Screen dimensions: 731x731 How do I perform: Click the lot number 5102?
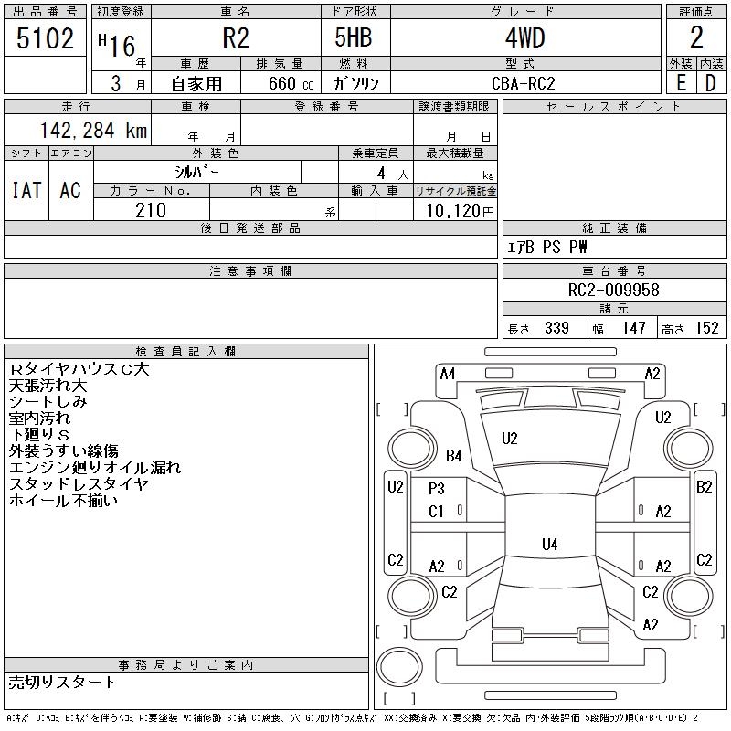45,38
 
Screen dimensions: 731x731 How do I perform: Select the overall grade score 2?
696,37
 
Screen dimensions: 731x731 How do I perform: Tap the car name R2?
236,37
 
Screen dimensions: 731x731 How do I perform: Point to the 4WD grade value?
524,37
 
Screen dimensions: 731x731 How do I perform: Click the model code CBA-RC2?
524,83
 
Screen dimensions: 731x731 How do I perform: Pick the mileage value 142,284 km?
94,130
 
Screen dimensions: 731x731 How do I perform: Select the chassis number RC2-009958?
613,290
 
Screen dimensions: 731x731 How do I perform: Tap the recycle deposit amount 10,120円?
461,211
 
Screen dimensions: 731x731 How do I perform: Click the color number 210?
151,210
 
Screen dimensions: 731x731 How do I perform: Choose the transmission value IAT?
26,190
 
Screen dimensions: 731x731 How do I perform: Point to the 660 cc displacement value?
291,83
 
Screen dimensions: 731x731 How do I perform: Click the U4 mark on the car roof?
550,544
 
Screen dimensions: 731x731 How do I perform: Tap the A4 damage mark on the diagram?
448,374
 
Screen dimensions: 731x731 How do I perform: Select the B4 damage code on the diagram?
453,455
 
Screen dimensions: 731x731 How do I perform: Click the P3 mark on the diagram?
437,489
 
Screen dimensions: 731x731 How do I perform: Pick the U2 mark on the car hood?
510,439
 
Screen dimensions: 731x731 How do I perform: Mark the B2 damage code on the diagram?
704,487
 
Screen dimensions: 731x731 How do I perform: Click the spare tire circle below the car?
399,667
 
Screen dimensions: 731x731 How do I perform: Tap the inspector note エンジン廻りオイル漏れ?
95,468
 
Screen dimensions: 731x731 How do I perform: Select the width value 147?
633,328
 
